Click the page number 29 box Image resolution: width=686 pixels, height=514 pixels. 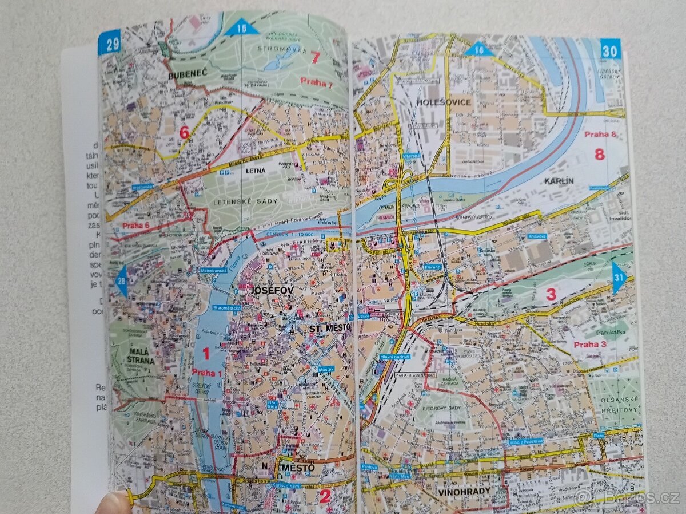click(109, 42)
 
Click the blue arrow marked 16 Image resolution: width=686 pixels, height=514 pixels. click(478, 49)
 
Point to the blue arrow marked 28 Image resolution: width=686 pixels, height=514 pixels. click(121, 280)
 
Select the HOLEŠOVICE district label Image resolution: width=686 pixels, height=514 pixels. click(444, 102)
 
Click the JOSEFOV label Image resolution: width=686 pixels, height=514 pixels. click(272, 291)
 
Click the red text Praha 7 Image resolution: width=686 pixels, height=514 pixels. click(316, 83)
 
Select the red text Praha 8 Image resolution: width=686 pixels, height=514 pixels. click(600, 135)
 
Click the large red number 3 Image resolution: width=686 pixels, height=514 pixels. click(551, 295)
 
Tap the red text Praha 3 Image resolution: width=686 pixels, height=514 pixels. click(590, 344)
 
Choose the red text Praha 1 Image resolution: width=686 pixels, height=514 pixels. click(206, 373)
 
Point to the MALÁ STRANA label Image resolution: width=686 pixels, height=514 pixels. click(141, 355)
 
